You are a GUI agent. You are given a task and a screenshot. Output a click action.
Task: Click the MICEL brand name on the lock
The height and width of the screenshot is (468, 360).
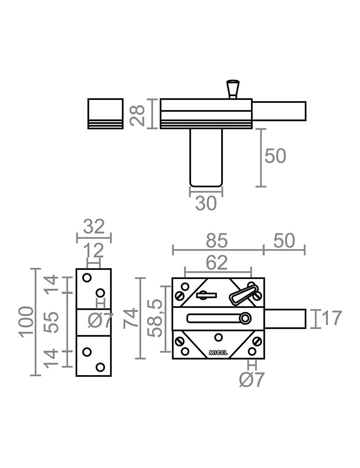click(x=218, y=353)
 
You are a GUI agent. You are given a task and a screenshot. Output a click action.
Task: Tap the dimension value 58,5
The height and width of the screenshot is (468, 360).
click(x=156, y=318)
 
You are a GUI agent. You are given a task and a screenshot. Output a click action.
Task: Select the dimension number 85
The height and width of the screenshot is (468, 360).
click(x=217, y=241)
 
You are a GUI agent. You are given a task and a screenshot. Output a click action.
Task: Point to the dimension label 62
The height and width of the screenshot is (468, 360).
click(x=217, y=263)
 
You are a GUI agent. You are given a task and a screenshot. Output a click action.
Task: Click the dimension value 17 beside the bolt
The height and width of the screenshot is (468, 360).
click(x=331, y=319)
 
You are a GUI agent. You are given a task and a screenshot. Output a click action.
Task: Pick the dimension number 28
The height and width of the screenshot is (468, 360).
click(x=138, y=114)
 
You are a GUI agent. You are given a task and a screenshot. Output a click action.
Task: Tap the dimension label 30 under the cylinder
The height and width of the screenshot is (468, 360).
click(x=206, y=204)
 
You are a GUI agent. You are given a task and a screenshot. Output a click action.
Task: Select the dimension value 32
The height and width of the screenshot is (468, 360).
click(x=94, y=227)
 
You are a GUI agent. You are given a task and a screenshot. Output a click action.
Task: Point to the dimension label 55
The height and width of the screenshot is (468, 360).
click(x=51, y=321)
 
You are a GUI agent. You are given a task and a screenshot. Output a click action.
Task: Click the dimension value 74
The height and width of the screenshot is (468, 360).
click(x=130, y=318)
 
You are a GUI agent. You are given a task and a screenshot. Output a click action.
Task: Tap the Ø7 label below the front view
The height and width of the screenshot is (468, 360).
click(x=252, y=380)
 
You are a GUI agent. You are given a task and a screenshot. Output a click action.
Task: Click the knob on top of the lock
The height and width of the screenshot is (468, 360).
click(x=233, y=88)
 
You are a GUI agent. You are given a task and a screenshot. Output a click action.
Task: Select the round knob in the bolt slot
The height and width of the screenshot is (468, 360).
click(x=246, y=318)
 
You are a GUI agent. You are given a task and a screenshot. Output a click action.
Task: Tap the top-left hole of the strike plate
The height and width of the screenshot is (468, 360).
click(x=86, y=278)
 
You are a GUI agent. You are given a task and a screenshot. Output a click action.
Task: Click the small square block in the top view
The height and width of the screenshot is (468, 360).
click(x=105, y=113)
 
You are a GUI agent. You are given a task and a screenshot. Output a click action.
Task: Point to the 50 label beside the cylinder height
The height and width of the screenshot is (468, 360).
click(x=275, y=156)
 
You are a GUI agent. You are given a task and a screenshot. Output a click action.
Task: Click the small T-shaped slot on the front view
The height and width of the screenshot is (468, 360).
click(x=206, y=295)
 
